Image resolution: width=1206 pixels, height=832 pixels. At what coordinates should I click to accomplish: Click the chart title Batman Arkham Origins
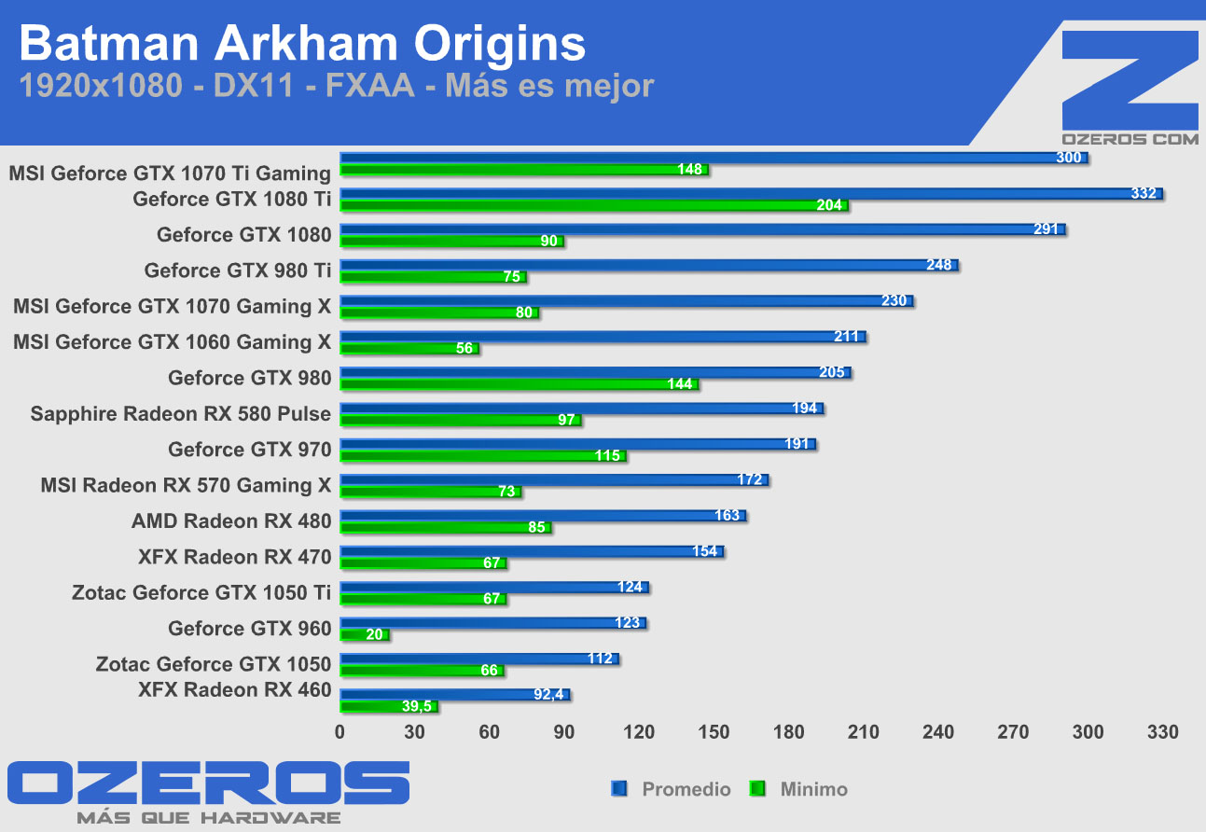click(x=303, y=44)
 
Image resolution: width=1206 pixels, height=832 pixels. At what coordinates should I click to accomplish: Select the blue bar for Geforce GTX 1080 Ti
click(x=746, y=194)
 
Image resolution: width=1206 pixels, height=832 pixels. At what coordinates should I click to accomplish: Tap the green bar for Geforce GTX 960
click(x=364, y=635)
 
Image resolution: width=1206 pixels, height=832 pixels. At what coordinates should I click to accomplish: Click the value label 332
click(x=1143, y=194)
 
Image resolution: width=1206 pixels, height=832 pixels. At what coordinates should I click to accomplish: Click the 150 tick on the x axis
click(x=714, y=732)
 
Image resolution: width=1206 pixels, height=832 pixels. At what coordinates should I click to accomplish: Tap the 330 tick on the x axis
click(x=1162, y=732)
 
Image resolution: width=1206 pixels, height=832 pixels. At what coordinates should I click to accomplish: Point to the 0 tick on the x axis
click(x=340, y=732)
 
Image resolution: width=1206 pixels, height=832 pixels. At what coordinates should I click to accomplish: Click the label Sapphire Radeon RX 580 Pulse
click(x=181, y=413)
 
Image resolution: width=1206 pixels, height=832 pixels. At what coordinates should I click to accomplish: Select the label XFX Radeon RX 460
click(x=234, y=689)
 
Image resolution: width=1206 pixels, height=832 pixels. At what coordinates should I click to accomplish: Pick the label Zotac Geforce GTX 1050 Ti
click(x=201, y=592)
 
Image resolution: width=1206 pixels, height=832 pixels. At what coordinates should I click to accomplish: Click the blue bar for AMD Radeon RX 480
click(x=541, y=516)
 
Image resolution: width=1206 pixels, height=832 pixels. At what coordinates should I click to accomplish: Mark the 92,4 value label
click(x=549, y=695)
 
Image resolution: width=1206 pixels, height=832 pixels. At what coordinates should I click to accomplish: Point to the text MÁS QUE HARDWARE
click(x=208, y=818)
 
